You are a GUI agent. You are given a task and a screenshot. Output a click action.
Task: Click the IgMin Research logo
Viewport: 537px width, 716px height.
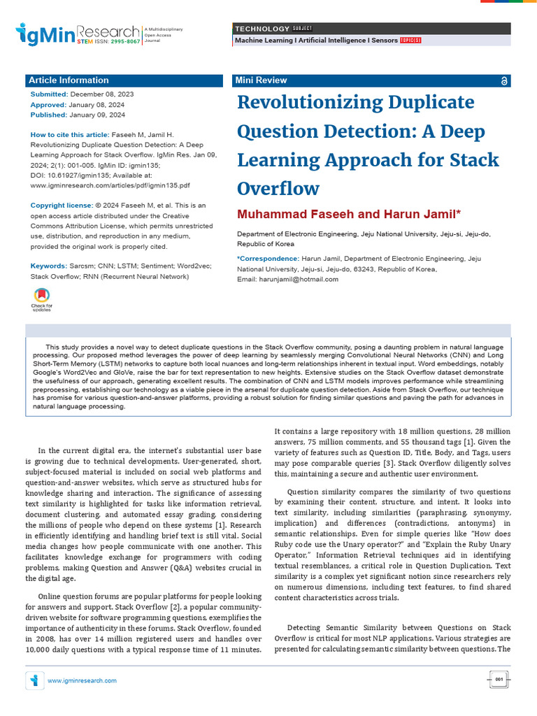[x=78, y=34]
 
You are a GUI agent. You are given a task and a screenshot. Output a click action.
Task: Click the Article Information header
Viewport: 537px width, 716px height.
[x=69, y=80]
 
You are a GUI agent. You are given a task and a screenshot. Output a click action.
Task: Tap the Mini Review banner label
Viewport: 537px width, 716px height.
[x=262, y=80]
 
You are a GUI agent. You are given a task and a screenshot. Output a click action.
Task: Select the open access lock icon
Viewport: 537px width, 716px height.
[x=505, y=81]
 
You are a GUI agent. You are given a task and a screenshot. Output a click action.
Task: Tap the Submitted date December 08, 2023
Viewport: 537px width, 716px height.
[x=102, y=94]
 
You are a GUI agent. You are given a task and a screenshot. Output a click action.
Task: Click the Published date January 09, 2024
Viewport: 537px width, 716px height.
[x=98, y=115]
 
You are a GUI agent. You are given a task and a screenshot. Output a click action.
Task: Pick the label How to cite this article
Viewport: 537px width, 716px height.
[x=70, y=134]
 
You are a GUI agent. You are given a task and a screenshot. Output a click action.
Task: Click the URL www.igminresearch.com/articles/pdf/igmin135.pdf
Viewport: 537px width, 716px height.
[x=110, y=185]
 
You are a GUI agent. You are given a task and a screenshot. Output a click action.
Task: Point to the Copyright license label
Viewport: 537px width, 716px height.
[x=62, y=205]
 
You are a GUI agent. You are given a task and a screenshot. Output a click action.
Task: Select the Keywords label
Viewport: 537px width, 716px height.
[x=49, y=266]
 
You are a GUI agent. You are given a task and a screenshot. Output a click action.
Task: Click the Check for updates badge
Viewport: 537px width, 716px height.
[x=42, y=299]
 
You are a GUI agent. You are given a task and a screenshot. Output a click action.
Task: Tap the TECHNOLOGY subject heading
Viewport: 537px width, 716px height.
[x=262, y=29]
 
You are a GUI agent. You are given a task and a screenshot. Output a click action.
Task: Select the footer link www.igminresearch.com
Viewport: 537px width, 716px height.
[x=82, y=680]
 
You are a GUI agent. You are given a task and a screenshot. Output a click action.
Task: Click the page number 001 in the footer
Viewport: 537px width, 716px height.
[x=499, y=680]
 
